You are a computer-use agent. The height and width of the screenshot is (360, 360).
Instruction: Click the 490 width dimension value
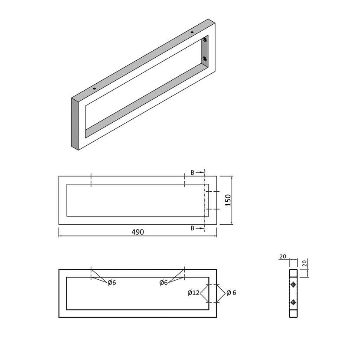138,232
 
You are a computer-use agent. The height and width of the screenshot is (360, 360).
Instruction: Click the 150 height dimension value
228,200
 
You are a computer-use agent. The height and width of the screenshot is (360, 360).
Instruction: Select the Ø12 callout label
193,293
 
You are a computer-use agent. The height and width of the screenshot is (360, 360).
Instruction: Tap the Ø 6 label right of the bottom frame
231,293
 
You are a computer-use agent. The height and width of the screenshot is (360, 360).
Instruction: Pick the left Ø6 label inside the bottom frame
112,283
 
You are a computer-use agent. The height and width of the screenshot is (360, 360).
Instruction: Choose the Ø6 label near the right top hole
164,283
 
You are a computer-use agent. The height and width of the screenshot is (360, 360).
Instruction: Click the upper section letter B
193,173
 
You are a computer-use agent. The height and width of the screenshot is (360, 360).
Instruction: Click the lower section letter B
193,228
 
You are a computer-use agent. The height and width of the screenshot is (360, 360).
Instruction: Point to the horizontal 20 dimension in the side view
283,256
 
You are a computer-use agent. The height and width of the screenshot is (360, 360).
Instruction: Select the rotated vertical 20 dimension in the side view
304,263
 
